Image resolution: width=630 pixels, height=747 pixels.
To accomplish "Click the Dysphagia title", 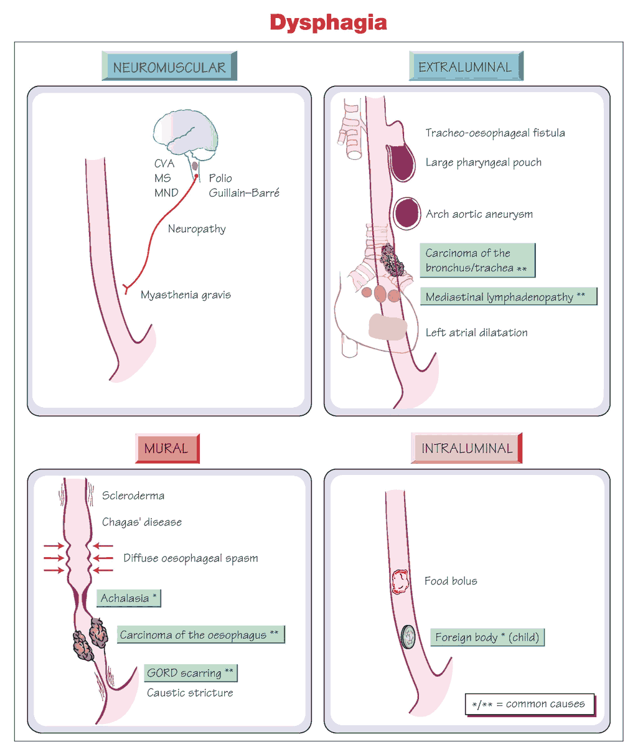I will (x=328, y=23).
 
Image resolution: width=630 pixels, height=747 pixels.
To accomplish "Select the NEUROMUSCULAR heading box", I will (x=169, y=67).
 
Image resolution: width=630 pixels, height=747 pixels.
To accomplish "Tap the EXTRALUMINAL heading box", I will (x=465, y=67).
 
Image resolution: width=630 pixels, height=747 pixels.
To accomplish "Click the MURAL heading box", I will (x=166, y=448).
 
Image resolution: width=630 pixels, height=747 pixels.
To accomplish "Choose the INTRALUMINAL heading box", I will (x=466, y=448).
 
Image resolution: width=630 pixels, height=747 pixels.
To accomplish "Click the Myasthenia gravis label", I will (x=186, y=294).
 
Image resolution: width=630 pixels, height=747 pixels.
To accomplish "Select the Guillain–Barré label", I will (x=244, y=192).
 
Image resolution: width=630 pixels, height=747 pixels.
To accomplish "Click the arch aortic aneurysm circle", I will (x=408, y=213).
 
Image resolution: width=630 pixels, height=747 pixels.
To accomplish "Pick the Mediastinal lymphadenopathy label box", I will (x=507, y=297).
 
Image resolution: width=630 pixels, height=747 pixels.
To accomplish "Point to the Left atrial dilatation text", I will (x=476, y=332).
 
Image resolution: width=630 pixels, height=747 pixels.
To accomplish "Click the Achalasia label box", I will (x=128, y=598).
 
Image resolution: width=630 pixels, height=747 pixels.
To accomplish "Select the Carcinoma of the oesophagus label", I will (x=200, y=635).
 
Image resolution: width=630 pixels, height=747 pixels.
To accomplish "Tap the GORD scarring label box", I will (x=190, y=673).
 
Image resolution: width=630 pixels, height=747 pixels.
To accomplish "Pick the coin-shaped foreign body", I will (x=409, y=637).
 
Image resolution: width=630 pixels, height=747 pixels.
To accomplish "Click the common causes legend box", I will (x=529, y=704).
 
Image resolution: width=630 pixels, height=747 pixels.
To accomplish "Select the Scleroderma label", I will (x=133, y=496).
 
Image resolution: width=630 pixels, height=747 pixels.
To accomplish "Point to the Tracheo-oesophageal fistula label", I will (x=495, y=133).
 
